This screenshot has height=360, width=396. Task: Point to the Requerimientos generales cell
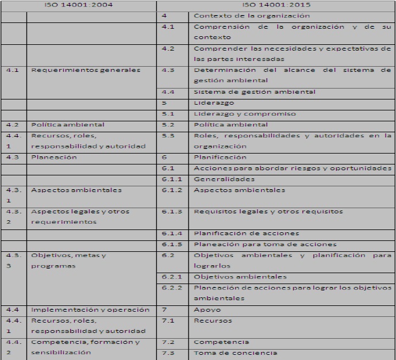point(85,70)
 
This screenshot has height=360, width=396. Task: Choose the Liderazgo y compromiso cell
point(245,113)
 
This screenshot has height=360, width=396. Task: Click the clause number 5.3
point(168,136)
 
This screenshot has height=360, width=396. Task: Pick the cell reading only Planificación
point(220,157)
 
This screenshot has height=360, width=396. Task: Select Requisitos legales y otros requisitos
point(268,211)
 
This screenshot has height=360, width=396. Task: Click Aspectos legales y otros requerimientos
point(80,216)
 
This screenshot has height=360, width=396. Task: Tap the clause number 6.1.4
point(171,233)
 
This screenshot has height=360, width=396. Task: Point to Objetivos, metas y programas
point(69,260)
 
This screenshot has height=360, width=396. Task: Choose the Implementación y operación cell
point(90,309)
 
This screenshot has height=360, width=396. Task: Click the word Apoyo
point(207,309)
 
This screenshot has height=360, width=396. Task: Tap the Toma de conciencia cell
point(235,353)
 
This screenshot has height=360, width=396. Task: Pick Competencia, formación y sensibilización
point(85,347)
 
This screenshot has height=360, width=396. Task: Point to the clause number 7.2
point(168,342)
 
